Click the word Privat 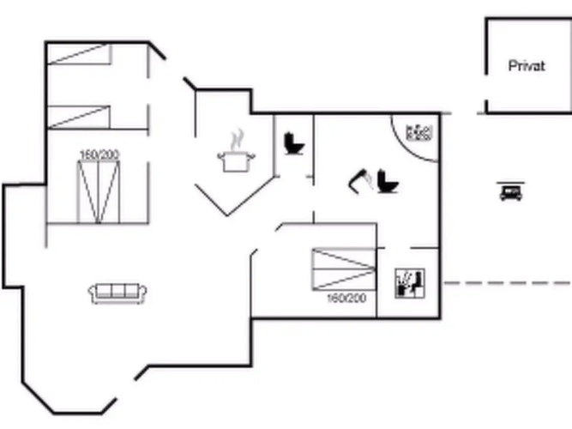526,66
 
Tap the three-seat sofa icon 118,292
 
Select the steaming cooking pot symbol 235,161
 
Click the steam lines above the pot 237,138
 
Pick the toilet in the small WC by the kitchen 293,142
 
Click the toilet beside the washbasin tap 387,181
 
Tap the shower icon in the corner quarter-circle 420,132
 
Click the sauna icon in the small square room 408,282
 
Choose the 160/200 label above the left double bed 99,154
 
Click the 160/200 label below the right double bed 346,299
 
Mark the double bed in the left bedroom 99,191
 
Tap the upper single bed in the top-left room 79,54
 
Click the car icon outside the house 510,191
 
